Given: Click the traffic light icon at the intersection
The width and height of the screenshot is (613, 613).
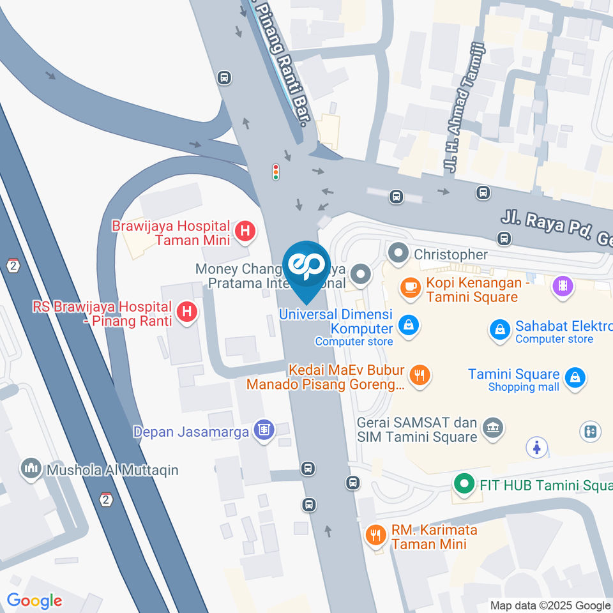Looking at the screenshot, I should tap(276, 172).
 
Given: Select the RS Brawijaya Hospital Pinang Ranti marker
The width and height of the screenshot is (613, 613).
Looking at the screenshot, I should tap(186, 312).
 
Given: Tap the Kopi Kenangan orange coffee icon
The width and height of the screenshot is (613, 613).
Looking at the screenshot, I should tap(409, 288).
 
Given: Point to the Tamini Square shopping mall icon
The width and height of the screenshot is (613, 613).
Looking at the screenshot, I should tap(575, 378).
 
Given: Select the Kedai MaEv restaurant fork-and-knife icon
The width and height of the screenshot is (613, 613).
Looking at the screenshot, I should tap(420, 376).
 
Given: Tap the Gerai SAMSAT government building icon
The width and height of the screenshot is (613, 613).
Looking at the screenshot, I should tap(492, 428).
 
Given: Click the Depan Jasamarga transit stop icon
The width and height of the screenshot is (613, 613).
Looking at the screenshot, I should tap(262, 431).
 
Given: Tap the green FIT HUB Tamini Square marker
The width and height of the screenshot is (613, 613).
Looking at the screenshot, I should tap(463, 484).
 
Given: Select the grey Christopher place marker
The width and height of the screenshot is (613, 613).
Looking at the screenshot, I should tap(399, 254).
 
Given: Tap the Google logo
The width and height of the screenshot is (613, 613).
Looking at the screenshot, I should tap(34, 600).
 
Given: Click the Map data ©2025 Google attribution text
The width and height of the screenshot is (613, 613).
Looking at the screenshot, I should tap(550, 605).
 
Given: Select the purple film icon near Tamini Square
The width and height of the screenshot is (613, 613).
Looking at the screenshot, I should tap(562, 285).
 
